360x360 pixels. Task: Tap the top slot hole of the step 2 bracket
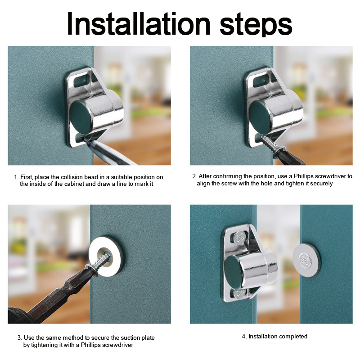pyautogui.click(x=261, y=80)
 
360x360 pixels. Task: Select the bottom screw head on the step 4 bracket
pyautogui.click(x=239, y=293)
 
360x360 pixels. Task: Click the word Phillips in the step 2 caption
pyautogui.click(x=303, y=176)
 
